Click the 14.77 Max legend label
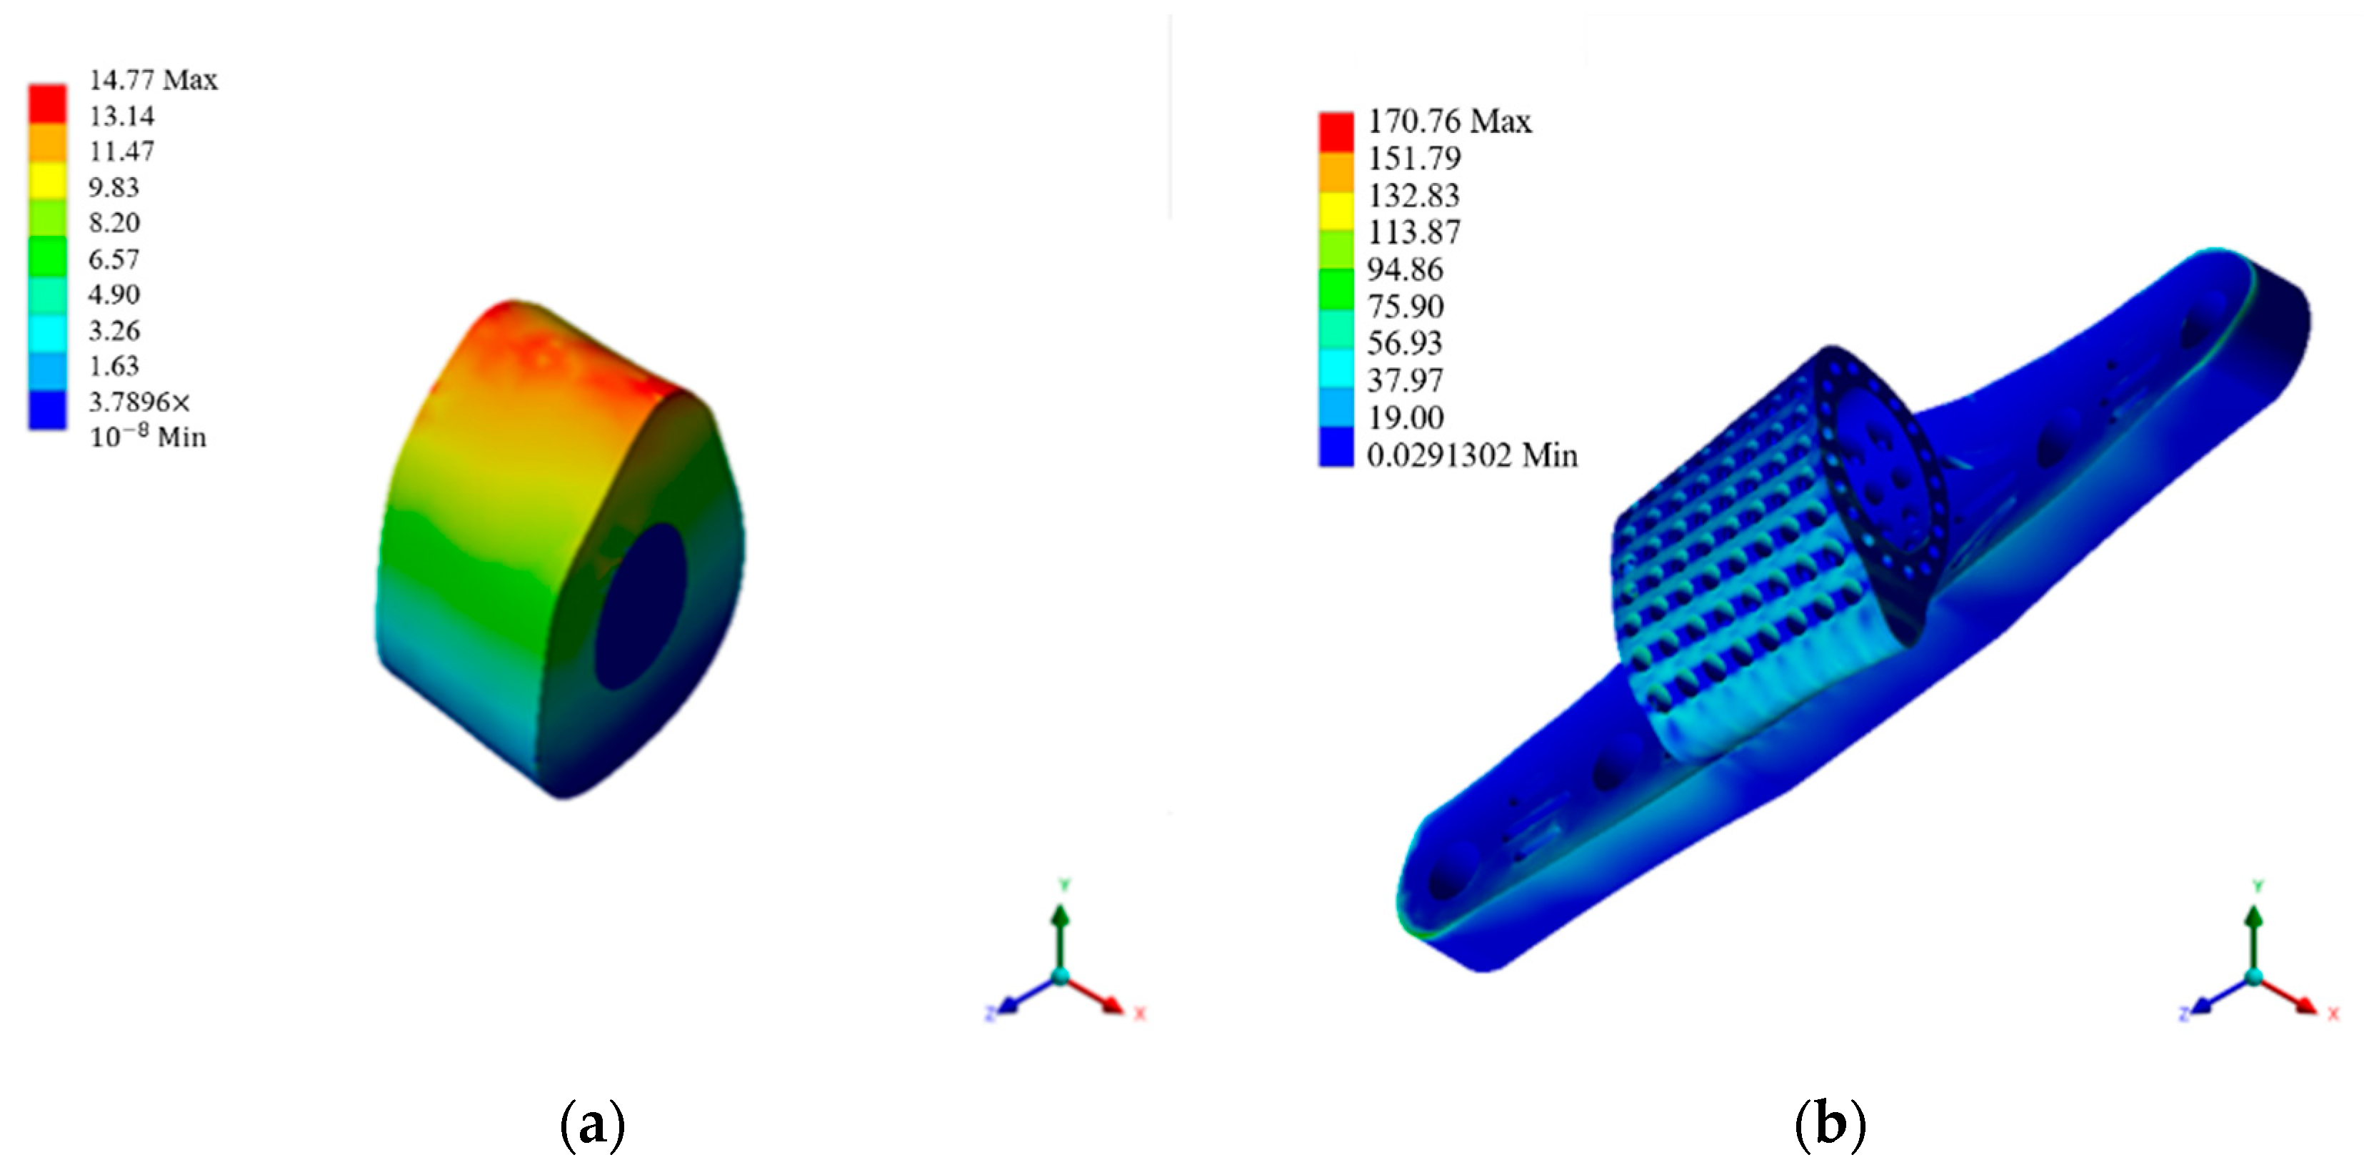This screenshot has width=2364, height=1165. (x=152, y=80)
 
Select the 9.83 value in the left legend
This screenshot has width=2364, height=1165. (x=114, y=187)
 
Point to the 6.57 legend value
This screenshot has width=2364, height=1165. (x=114, y=259)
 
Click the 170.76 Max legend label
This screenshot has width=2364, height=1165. (x=1449, y=122)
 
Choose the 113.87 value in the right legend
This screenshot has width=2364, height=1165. (x=1413, y=232)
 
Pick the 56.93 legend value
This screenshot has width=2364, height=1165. (x=1404, y=343)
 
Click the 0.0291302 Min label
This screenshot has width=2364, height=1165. (x=1471, y=455)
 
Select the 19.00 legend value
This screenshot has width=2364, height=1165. (x=1405, y=417)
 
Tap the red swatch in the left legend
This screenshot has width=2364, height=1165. (x=47, y=104)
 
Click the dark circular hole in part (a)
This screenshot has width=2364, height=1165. (x=641, y=606)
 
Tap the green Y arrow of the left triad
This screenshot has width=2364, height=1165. (x=1061, y=927)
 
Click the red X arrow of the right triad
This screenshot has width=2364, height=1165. (x=2290, y=997)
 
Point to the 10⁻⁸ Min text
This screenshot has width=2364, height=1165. (x=147, y=437)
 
